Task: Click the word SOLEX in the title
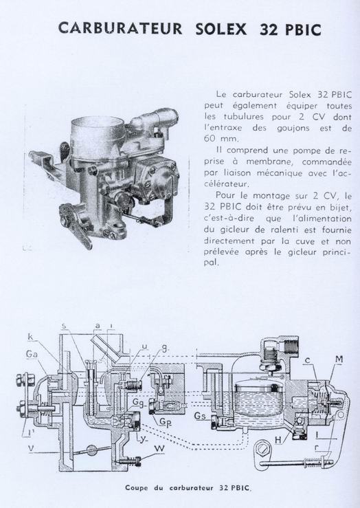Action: [221, 30]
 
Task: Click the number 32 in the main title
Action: [269, 30]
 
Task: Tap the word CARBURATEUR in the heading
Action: [120, 28]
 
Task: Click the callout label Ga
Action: [32, 354]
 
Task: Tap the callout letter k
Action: [30, 337]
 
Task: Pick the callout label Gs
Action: [200, 416]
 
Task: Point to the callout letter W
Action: [159, 449]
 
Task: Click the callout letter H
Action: [278, 440]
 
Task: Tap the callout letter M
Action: [339, 360]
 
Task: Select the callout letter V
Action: [32, 448]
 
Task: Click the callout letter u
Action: [145, 346]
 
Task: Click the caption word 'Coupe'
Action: [136, 487]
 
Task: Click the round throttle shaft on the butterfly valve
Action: [92, 450]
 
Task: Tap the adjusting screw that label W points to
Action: [131, 461]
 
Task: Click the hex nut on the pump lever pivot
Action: [262, 448]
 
